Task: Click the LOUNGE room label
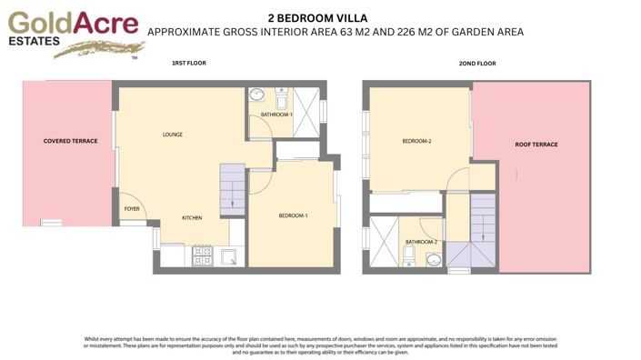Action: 173,135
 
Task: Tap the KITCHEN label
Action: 191,218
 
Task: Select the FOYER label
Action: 132,209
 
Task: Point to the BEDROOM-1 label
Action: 293,215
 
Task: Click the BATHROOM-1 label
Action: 276,115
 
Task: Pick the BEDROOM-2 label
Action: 416,141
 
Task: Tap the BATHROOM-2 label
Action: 421,242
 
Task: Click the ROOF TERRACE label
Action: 536,145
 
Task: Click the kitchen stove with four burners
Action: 202,258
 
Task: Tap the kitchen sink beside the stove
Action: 229,257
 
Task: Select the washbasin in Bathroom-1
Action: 257,95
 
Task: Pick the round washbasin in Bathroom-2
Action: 434,262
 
